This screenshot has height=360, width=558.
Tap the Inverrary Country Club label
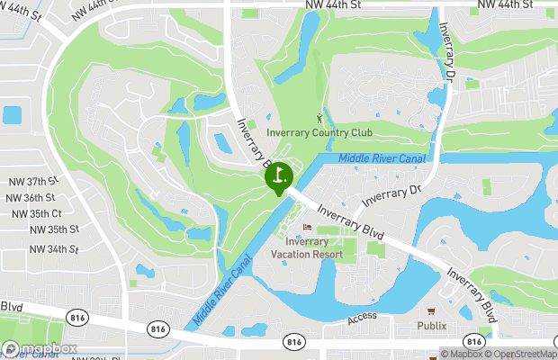pos(319,133)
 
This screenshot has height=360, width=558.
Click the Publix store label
pos(431,325)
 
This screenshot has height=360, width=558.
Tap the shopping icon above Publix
pos(442,310)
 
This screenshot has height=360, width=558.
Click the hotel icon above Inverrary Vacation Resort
pos(308,227)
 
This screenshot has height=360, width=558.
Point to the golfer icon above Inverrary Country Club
pos(319,118)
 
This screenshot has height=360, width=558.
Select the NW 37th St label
pos(31,181)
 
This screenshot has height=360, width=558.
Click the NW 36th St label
pos(31,197)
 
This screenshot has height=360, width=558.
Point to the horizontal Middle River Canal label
pos(382,158)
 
